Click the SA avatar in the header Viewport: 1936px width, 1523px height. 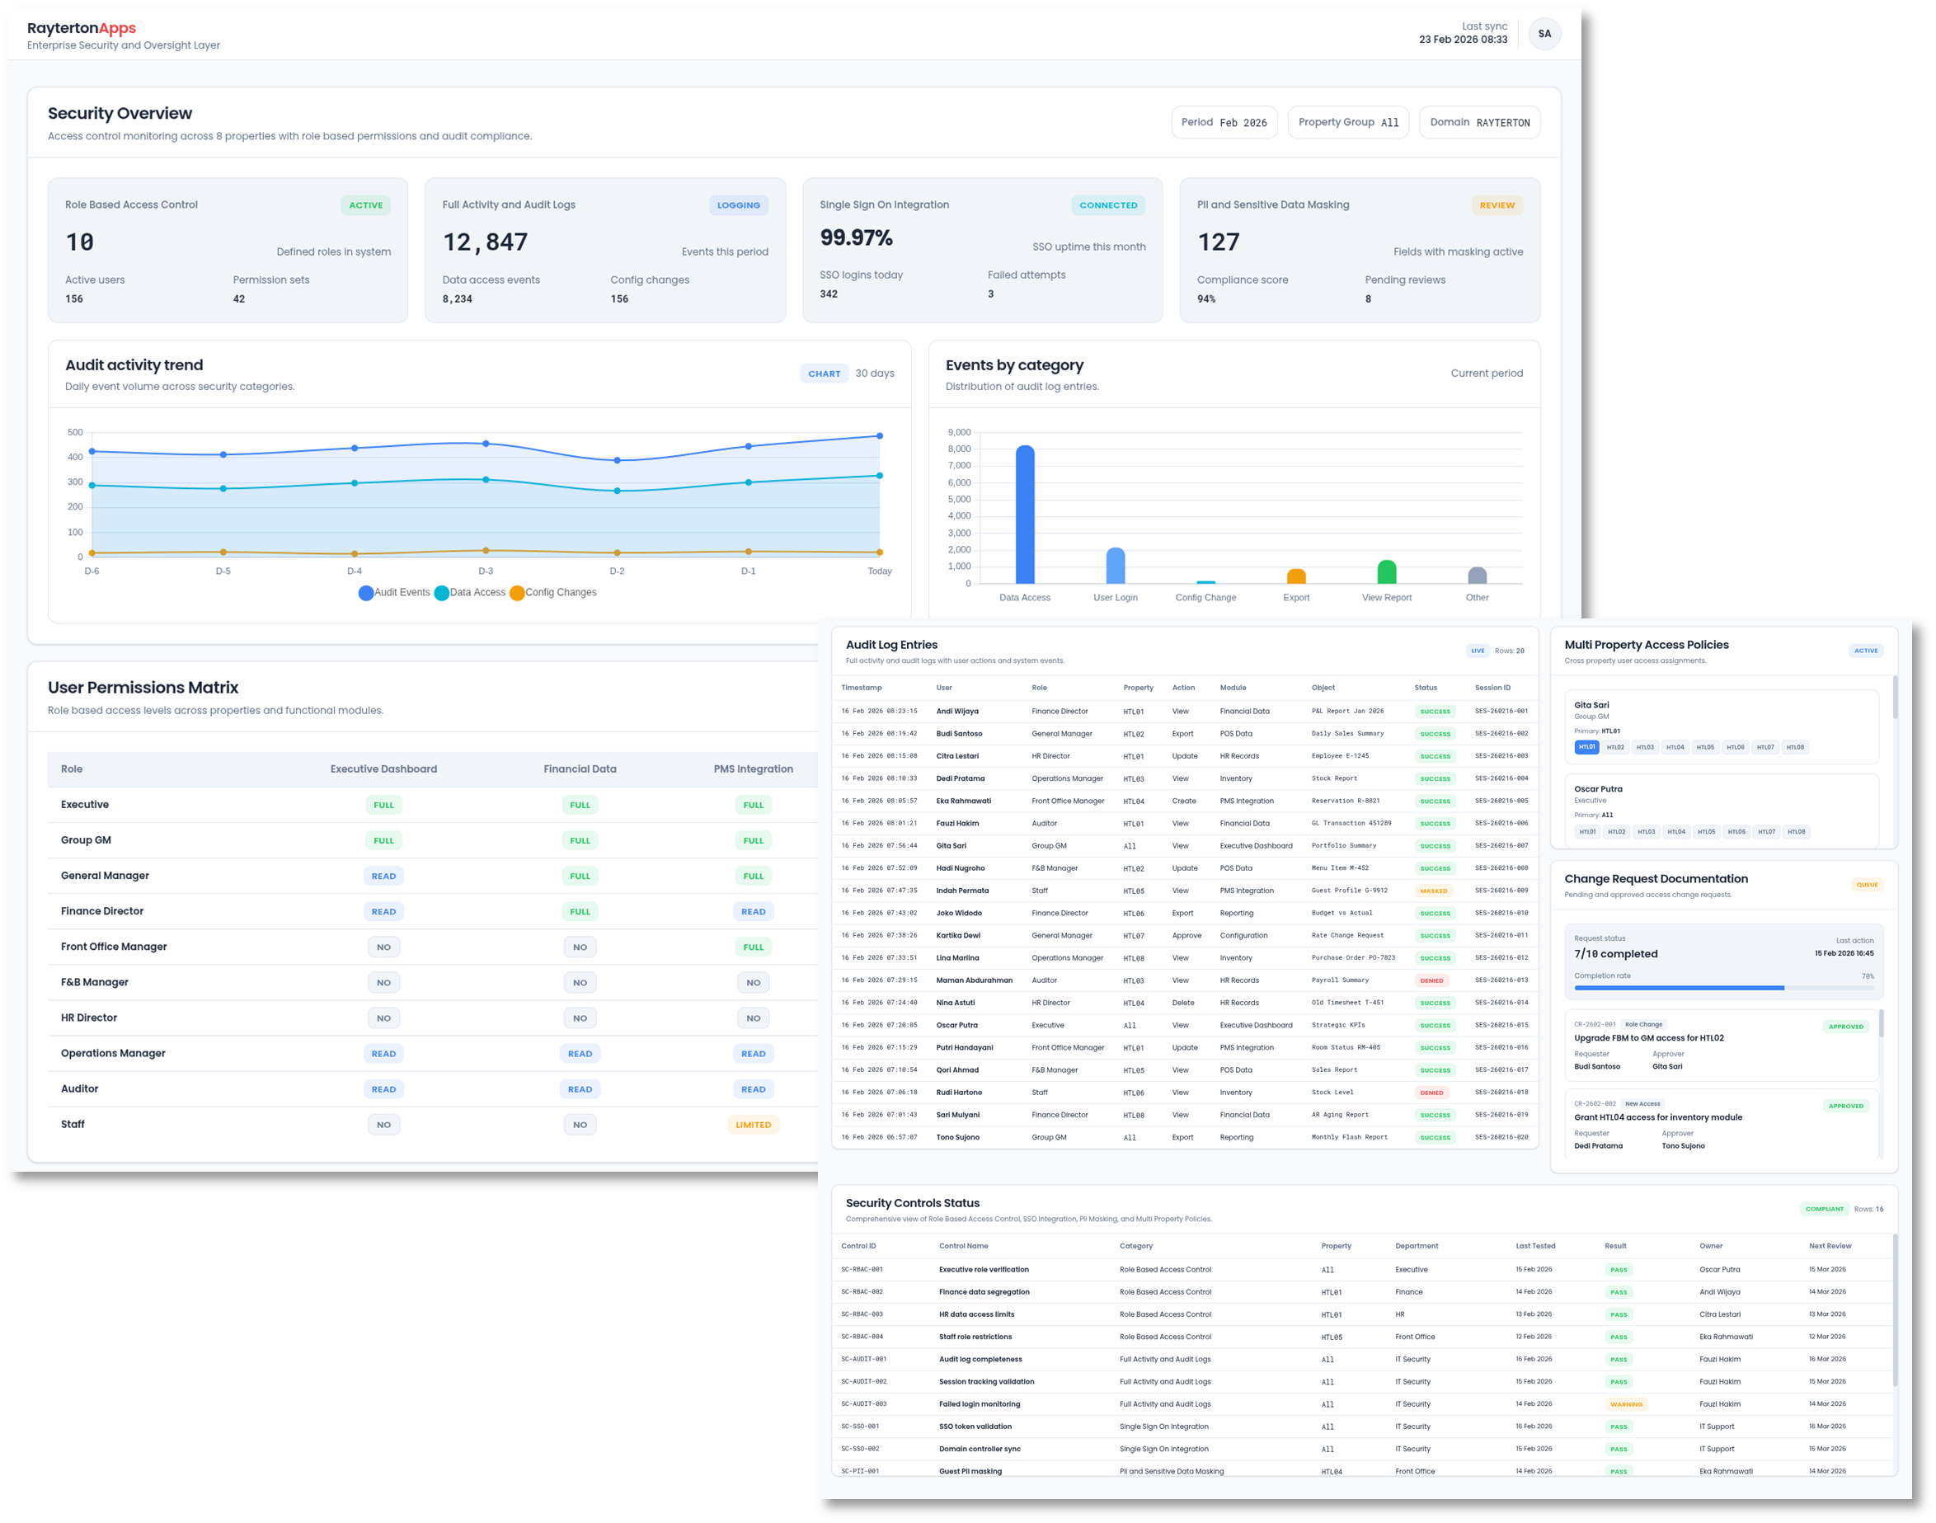(1544, 34)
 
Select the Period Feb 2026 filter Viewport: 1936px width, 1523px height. (1224, 122)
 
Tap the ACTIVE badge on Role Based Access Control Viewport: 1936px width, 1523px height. (365, 205)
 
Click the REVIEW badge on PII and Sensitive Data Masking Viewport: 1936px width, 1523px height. (1497, 205)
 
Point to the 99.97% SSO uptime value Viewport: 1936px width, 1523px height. (856, 238)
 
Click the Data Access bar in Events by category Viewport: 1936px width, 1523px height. (1025, 515)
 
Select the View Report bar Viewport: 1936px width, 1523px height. (1387, 571)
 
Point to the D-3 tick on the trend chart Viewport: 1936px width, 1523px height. (485, 571)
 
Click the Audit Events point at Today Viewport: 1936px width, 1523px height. (879, 436)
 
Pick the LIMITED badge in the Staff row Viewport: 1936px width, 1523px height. (753, 1126)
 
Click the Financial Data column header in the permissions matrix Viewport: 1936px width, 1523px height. (580, 769)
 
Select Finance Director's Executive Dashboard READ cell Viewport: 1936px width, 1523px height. (383, 911)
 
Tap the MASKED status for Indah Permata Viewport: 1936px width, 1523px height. (1433, 891)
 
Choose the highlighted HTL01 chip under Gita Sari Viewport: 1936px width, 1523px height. (1586, 747)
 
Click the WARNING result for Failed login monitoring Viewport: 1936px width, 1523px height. (1626, 1404)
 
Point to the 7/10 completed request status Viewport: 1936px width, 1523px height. (1616, 954)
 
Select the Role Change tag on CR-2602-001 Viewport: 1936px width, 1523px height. (1642, 1025)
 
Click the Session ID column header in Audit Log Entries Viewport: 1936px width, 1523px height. (1492, 688)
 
